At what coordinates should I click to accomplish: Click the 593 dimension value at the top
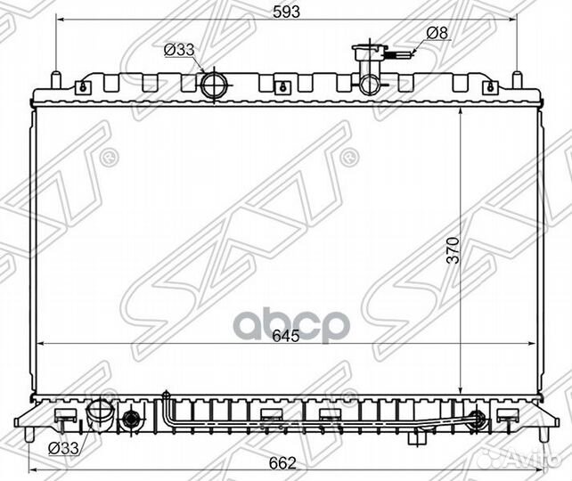pyautogui.click(x=286, y=12)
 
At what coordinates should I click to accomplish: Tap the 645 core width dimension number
pyautogui.click(x=286, y=336)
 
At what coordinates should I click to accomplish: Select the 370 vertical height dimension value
pyautogui.click(x=454, y=250)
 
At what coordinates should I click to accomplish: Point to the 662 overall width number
pyautogui.click(x=282, y=463)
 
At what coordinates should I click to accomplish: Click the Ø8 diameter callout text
pyautogui.click(x=437, y=33)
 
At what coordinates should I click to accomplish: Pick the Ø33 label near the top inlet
pyautogui.click(x=179, y=50)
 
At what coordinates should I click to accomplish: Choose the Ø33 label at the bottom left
pyautogui.click(x=63, y=448)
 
